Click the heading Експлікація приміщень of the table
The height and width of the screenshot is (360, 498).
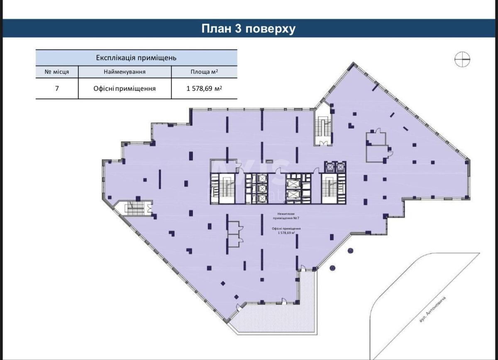(136, 58)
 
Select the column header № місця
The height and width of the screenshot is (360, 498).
(56, 72)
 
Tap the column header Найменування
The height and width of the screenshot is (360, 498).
(124, 72)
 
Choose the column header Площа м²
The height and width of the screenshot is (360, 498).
(204, 72)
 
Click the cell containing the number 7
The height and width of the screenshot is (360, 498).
(57, 88)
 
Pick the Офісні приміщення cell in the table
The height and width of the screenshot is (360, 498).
(124, 88)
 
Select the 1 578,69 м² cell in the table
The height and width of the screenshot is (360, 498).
(204, 88)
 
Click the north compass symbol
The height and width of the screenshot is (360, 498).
(462, 60)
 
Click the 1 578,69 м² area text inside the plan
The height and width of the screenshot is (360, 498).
(286, 233)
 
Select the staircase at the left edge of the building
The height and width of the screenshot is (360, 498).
(135, 208)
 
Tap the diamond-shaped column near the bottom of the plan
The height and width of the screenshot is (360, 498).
(223, 283)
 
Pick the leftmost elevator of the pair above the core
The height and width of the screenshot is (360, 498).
(330, 167)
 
